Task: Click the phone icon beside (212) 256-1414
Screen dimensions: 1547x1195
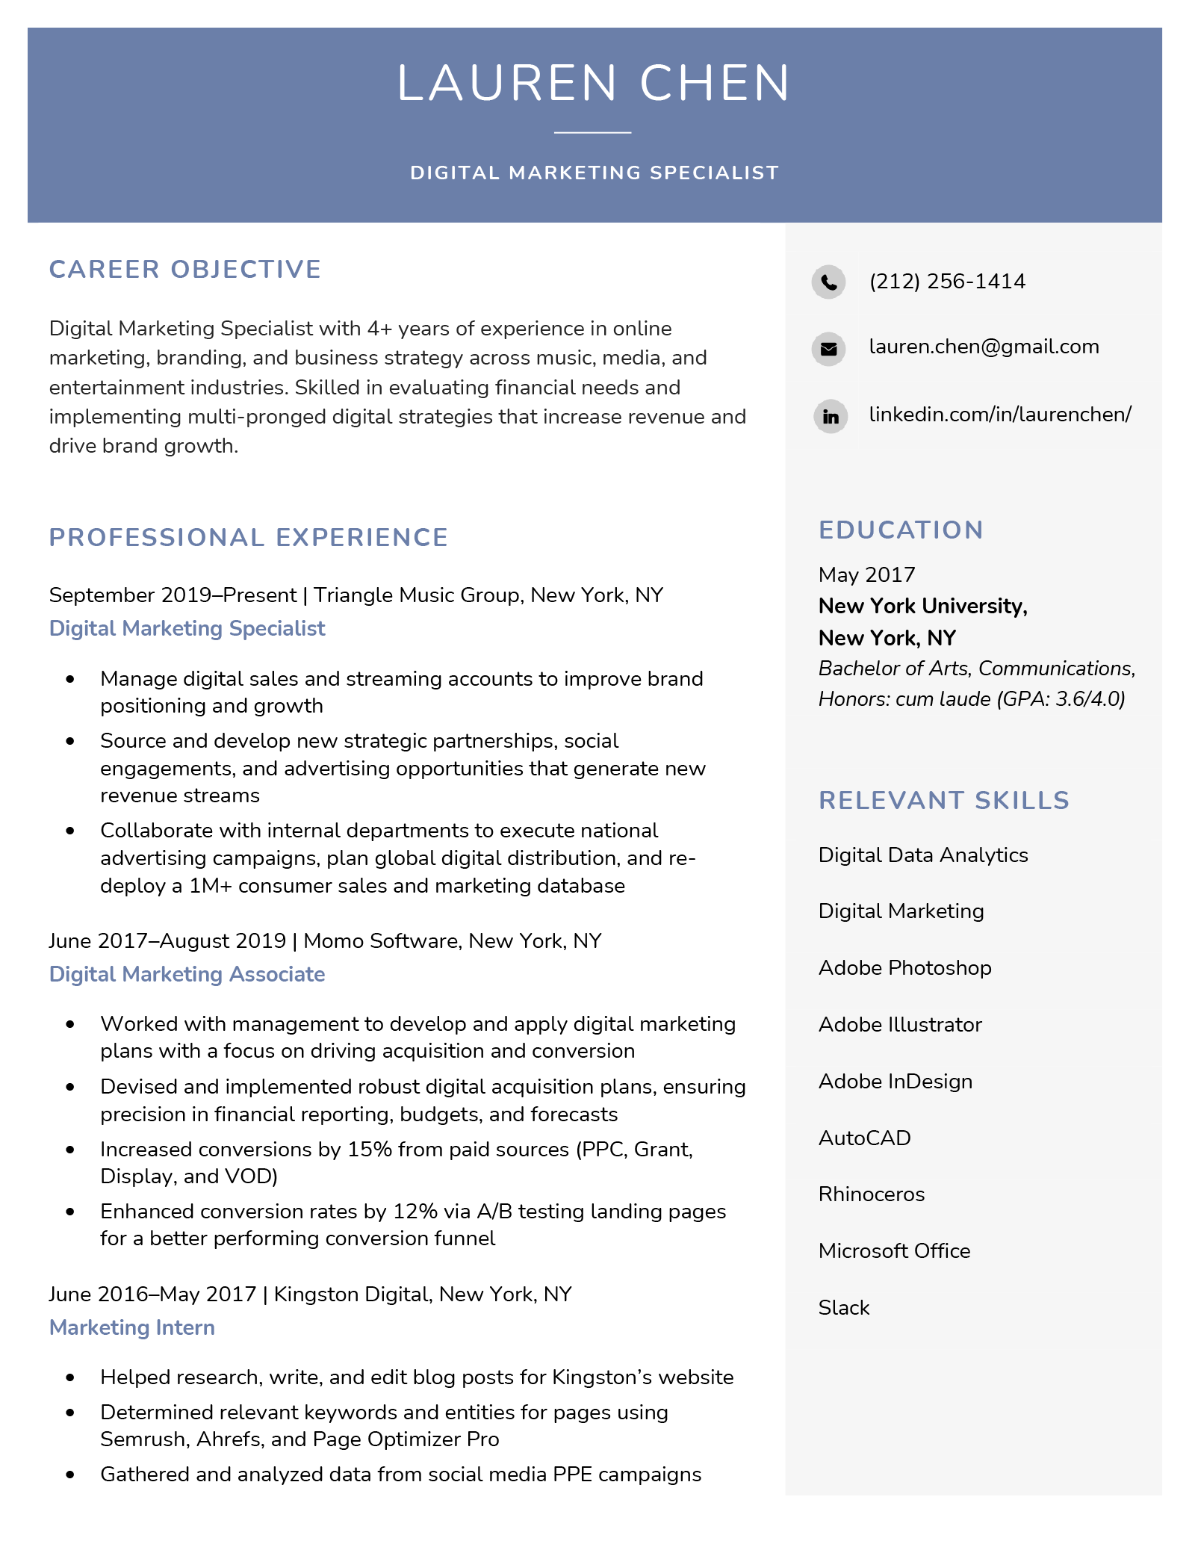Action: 828,282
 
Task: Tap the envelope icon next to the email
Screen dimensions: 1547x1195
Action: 828,348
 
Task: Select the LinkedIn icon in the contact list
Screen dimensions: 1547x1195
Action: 830,416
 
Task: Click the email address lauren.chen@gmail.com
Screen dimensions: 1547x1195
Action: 984,347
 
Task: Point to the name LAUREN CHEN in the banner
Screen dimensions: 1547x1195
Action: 594,83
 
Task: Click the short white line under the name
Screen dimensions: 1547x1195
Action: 592,133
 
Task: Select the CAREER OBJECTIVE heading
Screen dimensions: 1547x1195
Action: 185,269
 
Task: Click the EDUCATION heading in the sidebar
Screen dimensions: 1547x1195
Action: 901,530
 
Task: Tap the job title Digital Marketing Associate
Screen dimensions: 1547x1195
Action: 187,974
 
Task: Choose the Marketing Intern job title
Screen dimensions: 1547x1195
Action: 132,1327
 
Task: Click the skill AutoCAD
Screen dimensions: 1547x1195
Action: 864,1138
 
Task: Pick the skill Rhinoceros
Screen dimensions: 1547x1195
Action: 871,1194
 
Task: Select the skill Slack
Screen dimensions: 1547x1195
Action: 844,1307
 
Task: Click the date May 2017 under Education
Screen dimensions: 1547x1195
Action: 866,574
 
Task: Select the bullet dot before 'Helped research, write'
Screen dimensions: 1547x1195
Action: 71,1377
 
